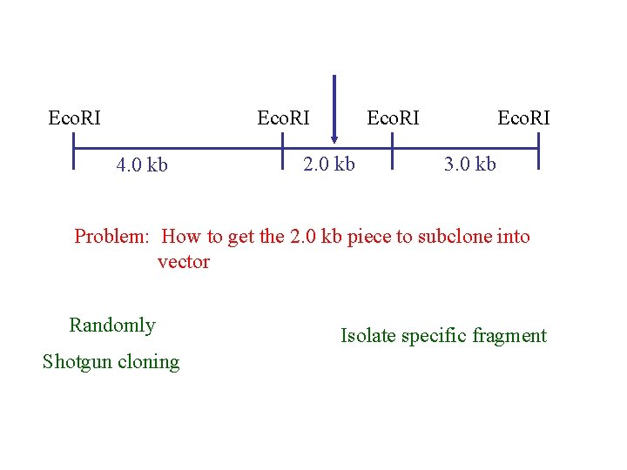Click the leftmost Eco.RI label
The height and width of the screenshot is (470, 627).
tap(75, 117)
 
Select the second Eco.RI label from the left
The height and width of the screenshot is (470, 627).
tap(284, 117)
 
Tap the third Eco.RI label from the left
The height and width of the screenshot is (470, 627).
tap(393, 117)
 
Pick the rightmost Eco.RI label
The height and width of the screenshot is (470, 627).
tap(523, 117)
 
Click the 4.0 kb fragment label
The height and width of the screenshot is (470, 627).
tap(143, 164)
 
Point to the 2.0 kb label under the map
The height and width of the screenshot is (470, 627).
tap(328, 164)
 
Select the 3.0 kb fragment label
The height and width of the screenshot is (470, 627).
tap(470, 164)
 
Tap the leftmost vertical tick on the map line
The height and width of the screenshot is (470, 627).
tap(76, 149)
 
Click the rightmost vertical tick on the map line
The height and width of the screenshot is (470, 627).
tap(539, 149)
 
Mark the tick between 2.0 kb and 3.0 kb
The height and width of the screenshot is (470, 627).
tap(393, 149)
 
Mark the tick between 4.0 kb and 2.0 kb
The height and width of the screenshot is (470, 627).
tap(285, 149)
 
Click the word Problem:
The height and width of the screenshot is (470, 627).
tap(112, 237)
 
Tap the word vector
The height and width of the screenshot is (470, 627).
tap(183, 262)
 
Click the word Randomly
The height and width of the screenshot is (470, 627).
tap(112, 326)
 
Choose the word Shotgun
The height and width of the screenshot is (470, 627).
tap(77, 362)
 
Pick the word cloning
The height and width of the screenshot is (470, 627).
tap(149, 362)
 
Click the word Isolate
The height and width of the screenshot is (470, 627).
tap(367, 336)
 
